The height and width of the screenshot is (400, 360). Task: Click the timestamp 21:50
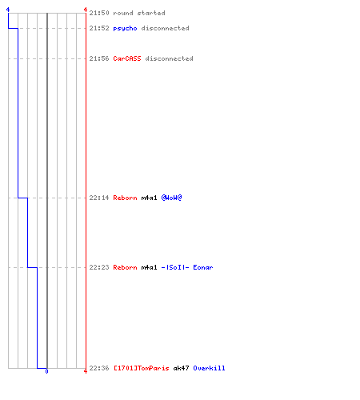99,13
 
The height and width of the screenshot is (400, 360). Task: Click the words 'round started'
139,13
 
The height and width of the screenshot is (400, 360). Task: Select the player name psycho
125,29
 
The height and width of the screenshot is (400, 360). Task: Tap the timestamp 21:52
99,28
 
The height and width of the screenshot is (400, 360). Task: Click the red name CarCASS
127,58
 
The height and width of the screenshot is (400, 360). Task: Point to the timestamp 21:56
99,58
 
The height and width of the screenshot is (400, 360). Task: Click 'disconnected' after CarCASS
169,58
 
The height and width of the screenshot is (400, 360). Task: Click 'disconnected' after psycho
165,28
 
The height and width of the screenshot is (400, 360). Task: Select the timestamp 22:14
99,198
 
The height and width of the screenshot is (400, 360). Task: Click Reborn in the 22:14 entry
125,198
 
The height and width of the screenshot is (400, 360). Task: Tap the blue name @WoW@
171,198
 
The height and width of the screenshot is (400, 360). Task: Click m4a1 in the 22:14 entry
149,198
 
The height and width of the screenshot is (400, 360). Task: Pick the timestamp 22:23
99,267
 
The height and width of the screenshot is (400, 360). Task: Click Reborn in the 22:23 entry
125,267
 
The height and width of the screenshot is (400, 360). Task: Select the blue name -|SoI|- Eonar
187,267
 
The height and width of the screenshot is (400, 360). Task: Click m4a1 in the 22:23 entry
149,267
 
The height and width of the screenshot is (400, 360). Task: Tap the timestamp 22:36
99,368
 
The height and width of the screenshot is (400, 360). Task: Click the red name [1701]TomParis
142,368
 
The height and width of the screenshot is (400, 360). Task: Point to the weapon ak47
181,368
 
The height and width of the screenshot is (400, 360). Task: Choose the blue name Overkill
209,368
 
